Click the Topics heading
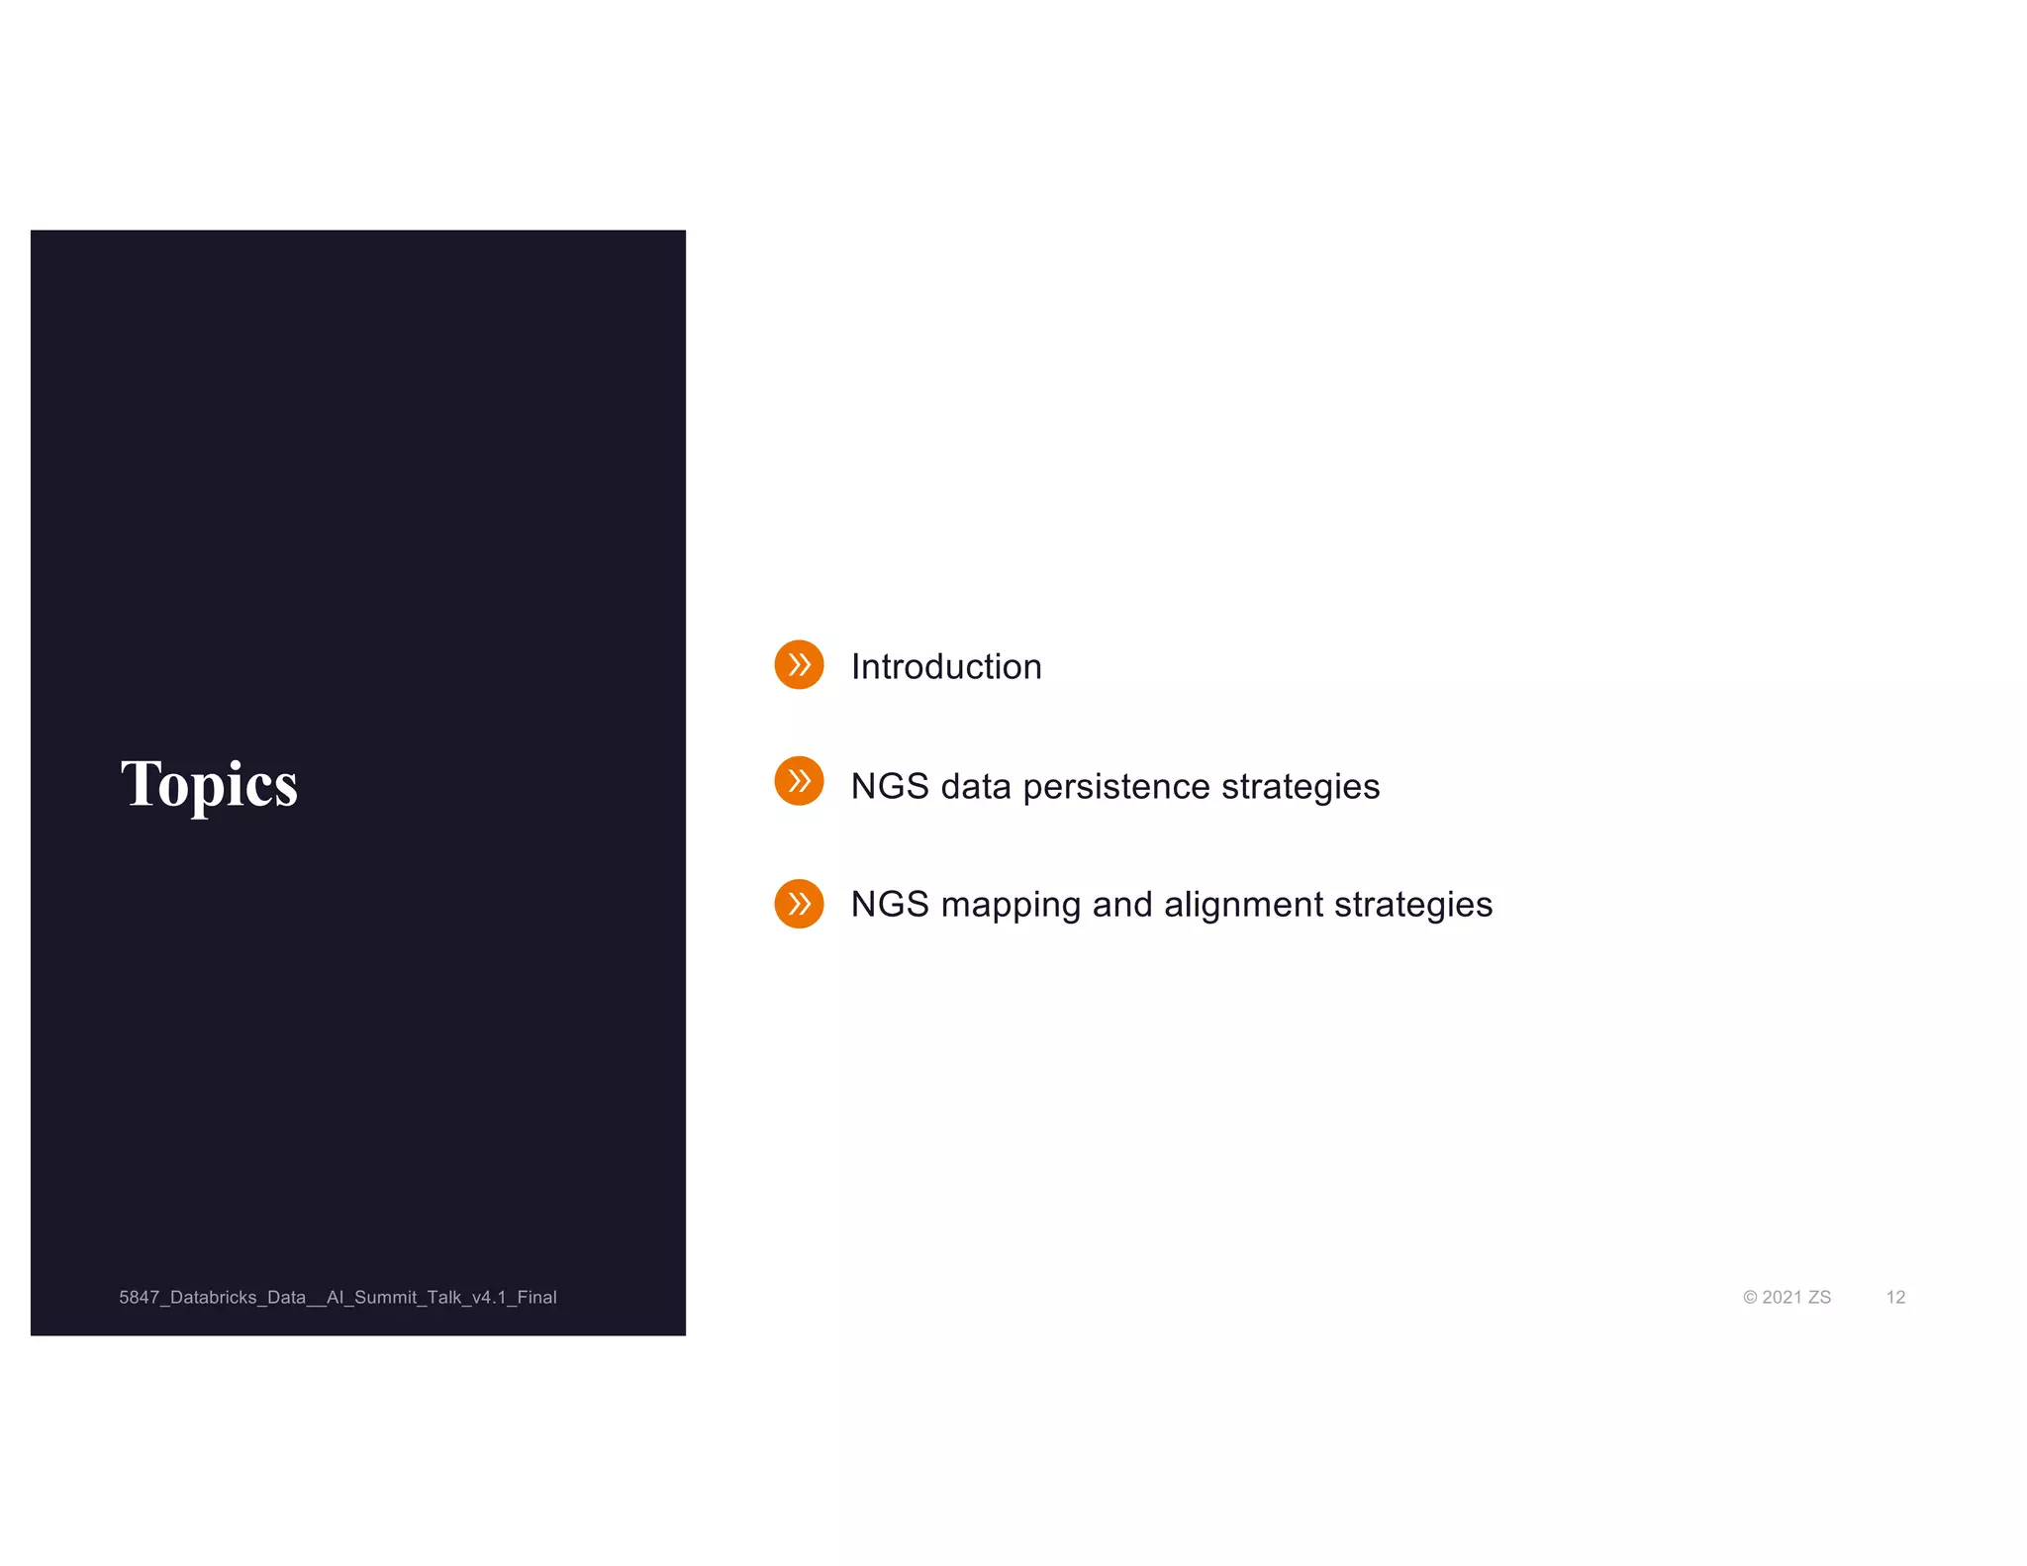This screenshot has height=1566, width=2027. (x=209, y=784)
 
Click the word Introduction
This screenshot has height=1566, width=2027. (x=945, y=667)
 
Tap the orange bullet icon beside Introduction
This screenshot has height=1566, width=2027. (x=799, y=665)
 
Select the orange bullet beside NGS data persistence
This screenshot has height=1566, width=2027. (x=799, y=781)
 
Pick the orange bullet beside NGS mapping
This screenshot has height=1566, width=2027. (x=799, y=904)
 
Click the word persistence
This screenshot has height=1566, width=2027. (x=1115, y=787)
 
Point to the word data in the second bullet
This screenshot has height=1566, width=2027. (x=975, y=787)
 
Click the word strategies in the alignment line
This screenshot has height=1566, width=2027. (x=1412, y=906)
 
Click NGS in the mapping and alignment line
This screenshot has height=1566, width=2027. (x=889, y=906)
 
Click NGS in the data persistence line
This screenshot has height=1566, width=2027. (x=889, y=787)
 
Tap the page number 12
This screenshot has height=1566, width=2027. (x=1895, y=1298)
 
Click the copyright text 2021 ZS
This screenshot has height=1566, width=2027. (x=1794, y=1298)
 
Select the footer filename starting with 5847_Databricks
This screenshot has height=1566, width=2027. (x=338, y=1298)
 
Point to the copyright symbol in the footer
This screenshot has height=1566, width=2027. (x=1750, y=1298)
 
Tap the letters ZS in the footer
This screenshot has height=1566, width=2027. (x=1819, y=1298)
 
